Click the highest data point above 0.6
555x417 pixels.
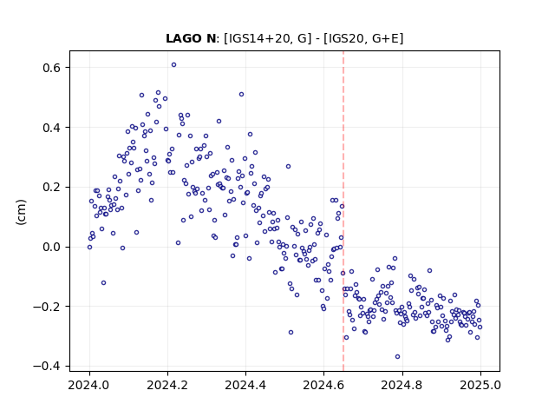[x=173, y=65]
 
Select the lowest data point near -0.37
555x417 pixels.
[x=397, y=357]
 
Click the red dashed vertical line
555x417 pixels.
[x=343, y=211]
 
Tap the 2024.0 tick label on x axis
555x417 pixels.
[x=89, y=385]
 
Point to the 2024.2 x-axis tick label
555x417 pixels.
[x=167, y=385]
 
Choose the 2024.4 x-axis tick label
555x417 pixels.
[x=245, y=385]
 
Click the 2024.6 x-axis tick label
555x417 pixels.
[x=323, y=385]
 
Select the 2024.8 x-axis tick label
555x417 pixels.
[x=402, y=385]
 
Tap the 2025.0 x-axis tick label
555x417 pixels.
[x=480, y=385]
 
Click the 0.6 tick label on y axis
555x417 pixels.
[x=53, y=68]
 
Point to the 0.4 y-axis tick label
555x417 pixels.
[x=53, y=128]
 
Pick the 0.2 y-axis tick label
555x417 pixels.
[x=53, y=188]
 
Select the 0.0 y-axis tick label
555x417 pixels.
[x=53, y=247]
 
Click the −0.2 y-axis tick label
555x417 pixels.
[x=49, y=307]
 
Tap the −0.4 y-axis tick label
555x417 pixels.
[x=49, y=367]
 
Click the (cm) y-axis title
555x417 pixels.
[x=21, y=212]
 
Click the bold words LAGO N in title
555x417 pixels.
[x=191, y=38]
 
